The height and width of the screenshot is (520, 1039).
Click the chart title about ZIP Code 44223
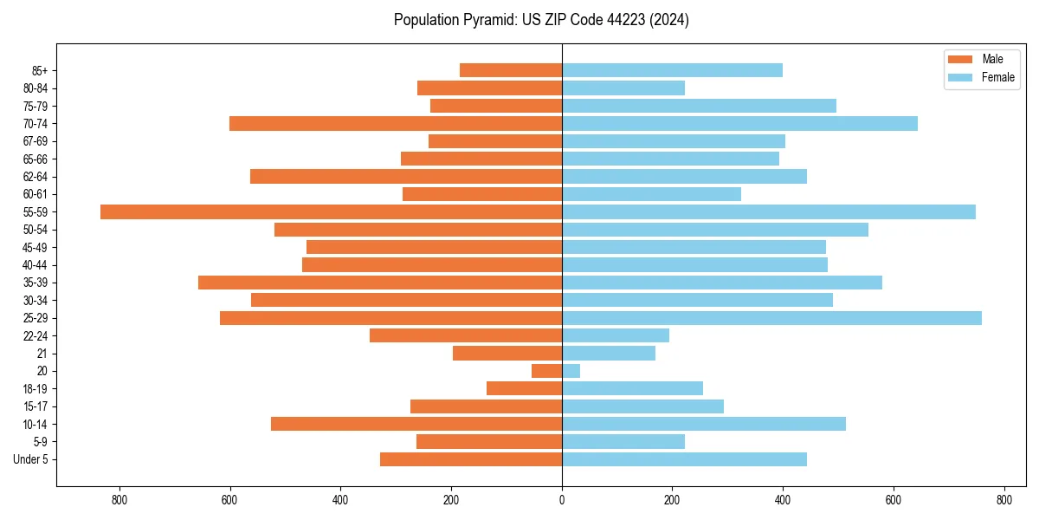(541, 20)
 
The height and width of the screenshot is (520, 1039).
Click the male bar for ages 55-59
(331, 211)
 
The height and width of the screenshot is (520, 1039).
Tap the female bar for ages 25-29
(771, 318)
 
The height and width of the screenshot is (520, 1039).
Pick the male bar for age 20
(546, 371)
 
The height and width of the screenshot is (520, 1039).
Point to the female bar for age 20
(571, 371)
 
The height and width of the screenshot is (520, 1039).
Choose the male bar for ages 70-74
(396, 123)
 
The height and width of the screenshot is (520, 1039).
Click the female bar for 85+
(672, 70)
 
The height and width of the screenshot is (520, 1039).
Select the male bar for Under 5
(471, 459)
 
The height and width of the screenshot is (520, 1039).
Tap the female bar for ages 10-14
(704, 424)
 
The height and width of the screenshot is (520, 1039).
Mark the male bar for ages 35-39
(380, 283)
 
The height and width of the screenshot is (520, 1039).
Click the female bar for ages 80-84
(623, 88)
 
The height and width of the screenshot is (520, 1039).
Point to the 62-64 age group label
(35, 177)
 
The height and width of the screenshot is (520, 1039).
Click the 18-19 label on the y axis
(35, 389)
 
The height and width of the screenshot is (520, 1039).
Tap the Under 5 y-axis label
(30, 459)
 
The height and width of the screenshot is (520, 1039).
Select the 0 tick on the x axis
(562, 500)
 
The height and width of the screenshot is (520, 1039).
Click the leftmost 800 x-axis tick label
(119, 500)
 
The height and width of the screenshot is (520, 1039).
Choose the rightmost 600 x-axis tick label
(894, 500)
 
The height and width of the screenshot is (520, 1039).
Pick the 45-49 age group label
(35, 247)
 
